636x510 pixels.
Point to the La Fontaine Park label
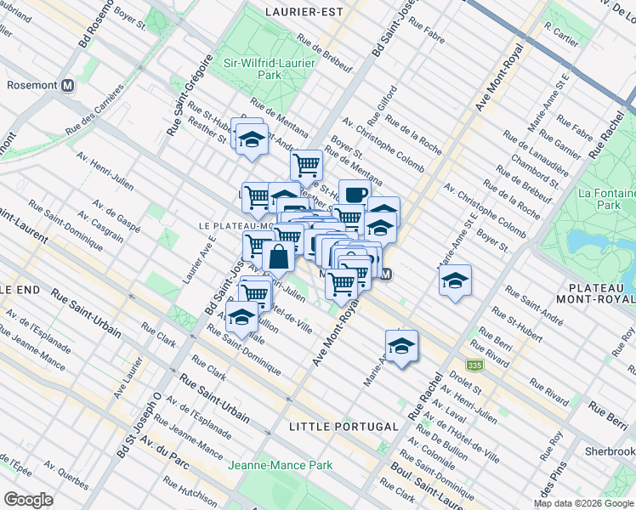click(x=605, y=199)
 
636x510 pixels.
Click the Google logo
click(x=28, y=499)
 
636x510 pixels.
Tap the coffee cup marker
click(x=354, y=195)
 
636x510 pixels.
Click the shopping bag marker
click(x=278, y=254)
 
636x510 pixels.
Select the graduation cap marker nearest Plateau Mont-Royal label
click(x=455, y=280)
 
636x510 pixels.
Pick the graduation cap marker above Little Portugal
click(x=400, y=346)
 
